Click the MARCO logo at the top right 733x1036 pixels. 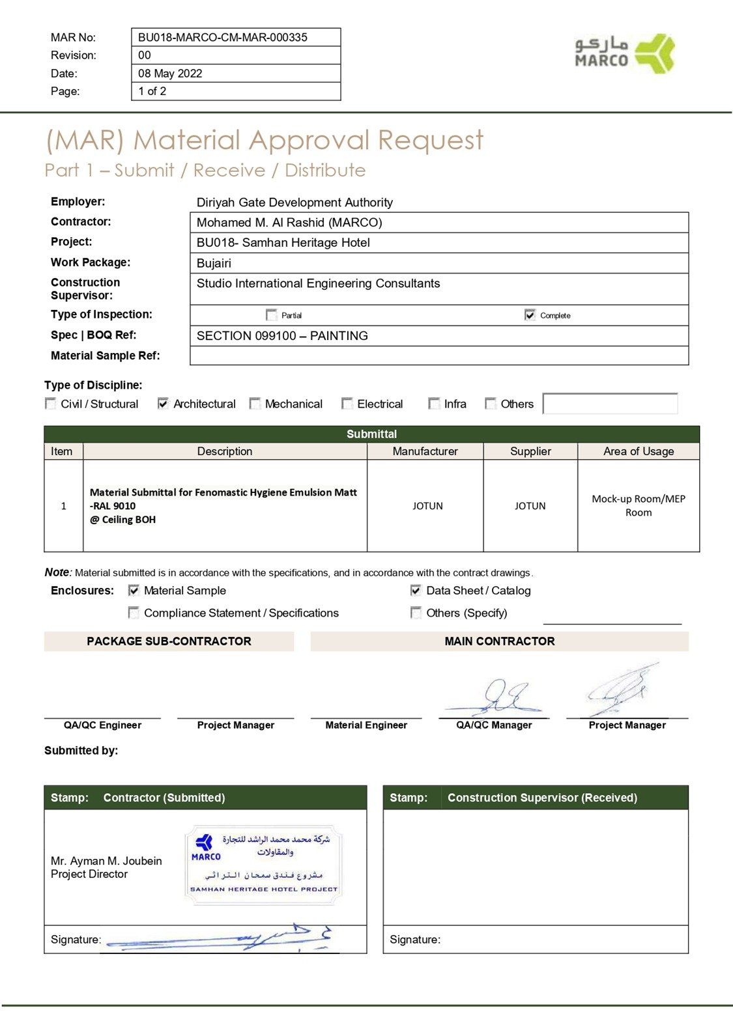coord(624,53)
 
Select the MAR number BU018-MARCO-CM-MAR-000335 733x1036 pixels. coord(222,37)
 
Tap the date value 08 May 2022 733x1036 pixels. coord(170,74)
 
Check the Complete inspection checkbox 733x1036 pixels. coord(530,315)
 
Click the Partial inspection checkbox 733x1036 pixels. coord(271,315)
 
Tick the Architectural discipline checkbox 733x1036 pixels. coord(163,404)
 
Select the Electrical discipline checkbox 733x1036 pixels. coord(347,404)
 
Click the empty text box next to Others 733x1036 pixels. coord(610,404)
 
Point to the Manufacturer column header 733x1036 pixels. coord(425,451)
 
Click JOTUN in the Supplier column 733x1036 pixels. coord(530,506)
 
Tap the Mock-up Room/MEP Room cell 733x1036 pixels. coord(638,506)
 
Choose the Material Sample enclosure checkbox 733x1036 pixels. coord(134,591)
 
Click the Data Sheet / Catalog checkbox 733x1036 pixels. coord(416,591)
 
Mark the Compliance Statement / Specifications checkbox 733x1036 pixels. coord(134,613)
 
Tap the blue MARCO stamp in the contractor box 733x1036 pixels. coord(263,864)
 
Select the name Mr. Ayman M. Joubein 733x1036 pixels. coord(106,861)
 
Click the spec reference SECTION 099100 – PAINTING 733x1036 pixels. coord(282,336)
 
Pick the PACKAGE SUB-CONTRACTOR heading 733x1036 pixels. coord(169,641)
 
